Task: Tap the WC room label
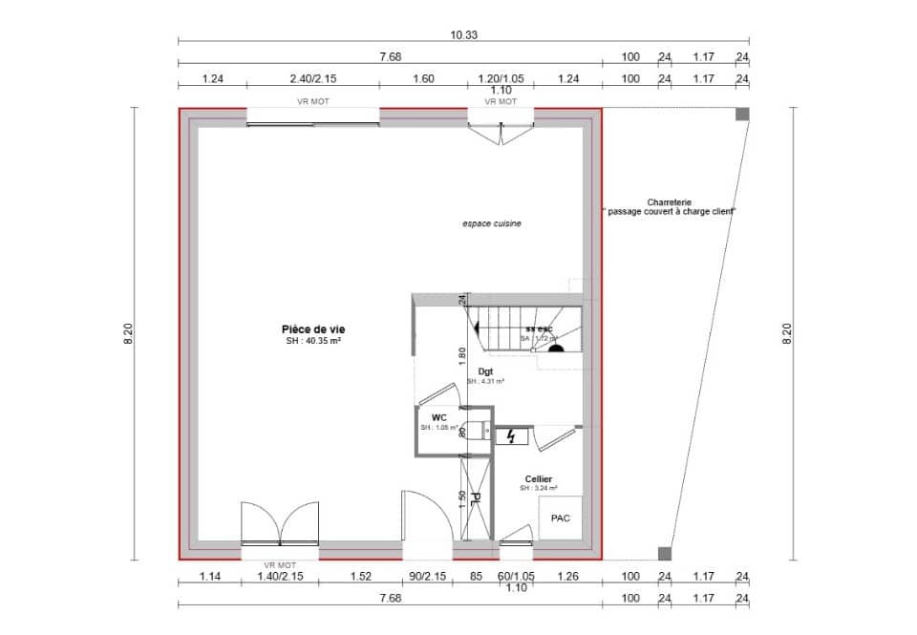click(x=439, y=416)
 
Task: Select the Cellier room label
click(x=538, y=478)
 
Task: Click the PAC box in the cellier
click(x=561, y=519)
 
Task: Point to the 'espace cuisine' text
click(x=492, y=223)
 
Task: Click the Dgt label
click(x=485, y=370)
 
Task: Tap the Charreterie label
click(x=669, y=202)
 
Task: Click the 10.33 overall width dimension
click(x=464, y=34)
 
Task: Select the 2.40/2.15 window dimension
click(x=314, y=80)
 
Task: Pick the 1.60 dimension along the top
click(x=423, y=80)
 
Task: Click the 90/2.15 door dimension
click(x=428, y=577)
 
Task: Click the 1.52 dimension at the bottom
click(x=360, y=577)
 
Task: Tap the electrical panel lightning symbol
click(x=513, y=436)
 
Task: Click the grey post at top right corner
click(x=742, y=115)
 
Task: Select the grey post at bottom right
click(x=665, y=553)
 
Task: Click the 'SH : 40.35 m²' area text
click(x=314, y=341)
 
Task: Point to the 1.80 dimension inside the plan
click(x=462, y=353)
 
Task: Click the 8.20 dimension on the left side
click(x=128, y=333)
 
